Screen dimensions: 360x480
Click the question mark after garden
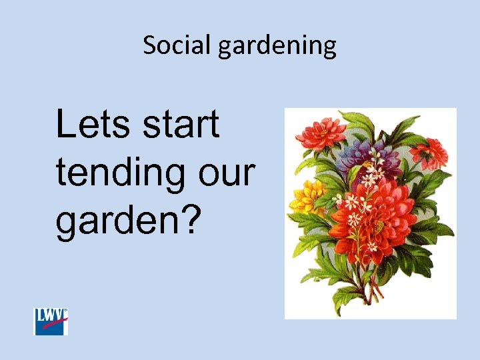191,219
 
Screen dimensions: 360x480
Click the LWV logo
51,321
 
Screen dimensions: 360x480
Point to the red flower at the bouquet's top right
428,154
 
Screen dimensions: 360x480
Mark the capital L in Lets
66,125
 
